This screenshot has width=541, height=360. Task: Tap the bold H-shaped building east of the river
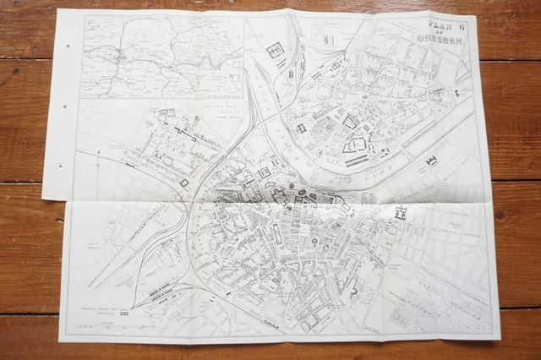(x=432, y=159)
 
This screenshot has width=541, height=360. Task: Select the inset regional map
(x=164, y=57)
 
